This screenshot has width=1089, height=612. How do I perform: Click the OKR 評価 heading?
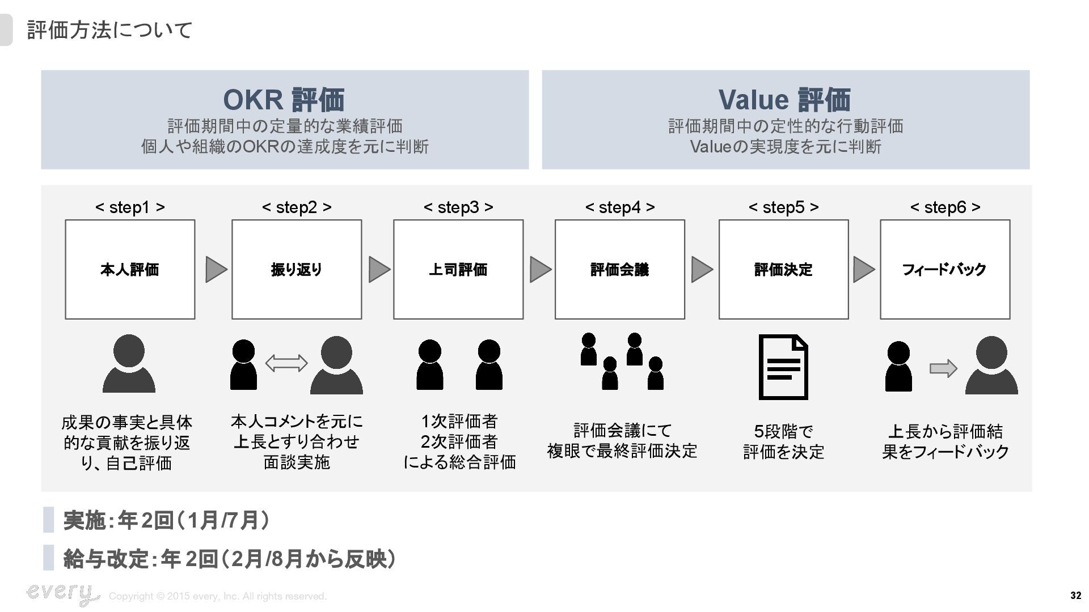click(x=284, y=100)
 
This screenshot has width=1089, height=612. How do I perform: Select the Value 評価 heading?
click(x=785, y=100)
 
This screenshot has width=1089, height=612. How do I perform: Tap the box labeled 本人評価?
click(x=130, y=269)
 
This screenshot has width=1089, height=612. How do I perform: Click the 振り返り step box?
click(x=297, y=269)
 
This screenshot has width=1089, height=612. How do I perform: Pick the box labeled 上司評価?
click(x=458, y=269)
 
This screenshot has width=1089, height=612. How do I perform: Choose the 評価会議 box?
click(x=619, y=269)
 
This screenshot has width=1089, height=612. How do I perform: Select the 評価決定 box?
click(x=783, y=269)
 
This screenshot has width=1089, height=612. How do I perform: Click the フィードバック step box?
click(x=945, y=269)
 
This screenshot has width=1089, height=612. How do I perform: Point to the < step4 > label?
click(x=619, y=207)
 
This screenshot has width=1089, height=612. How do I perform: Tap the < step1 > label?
click(x=130, y=207)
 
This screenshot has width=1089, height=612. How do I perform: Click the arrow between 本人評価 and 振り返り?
click(x=216, y=269)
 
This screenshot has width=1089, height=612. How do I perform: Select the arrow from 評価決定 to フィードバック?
click(x=863, y=269)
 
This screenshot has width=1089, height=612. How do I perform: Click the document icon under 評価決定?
click(x=783, y=367)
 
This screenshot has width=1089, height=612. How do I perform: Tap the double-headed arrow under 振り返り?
click(x=286, y=363)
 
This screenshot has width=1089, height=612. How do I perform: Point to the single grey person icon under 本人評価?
click(x=129, y=363)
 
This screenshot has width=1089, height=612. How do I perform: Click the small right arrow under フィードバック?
click(x=943, y=369)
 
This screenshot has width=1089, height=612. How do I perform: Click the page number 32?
click(x=1075, y=596)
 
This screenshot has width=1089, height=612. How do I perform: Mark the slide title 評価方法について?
click(x=110, y=30)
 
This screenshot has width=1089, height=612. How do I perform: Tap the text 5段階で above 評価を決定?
click(x=783, y=432)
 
